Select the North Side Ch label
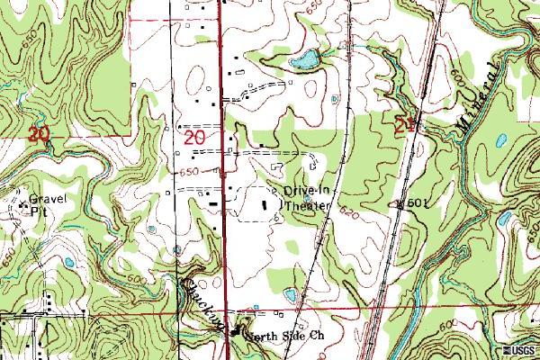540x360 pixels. tap(285, 337)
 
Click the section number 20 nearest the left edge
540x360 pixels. tap(38, 136)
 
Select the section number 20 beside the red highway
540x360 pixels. tap(194, 138)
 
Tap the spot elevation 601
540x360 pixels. tap(412, 202)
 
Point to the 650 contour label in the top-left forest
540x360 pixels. tap(32, 43)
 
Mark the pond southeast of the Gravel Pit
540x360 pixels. tap(68, 263)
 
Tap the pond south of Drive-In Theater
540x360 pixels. tap(290, 294)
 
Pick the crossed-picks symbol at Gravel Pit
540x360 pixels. tap(22, 206)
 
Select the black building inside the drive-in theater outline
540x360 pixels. tap(265, 204)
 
